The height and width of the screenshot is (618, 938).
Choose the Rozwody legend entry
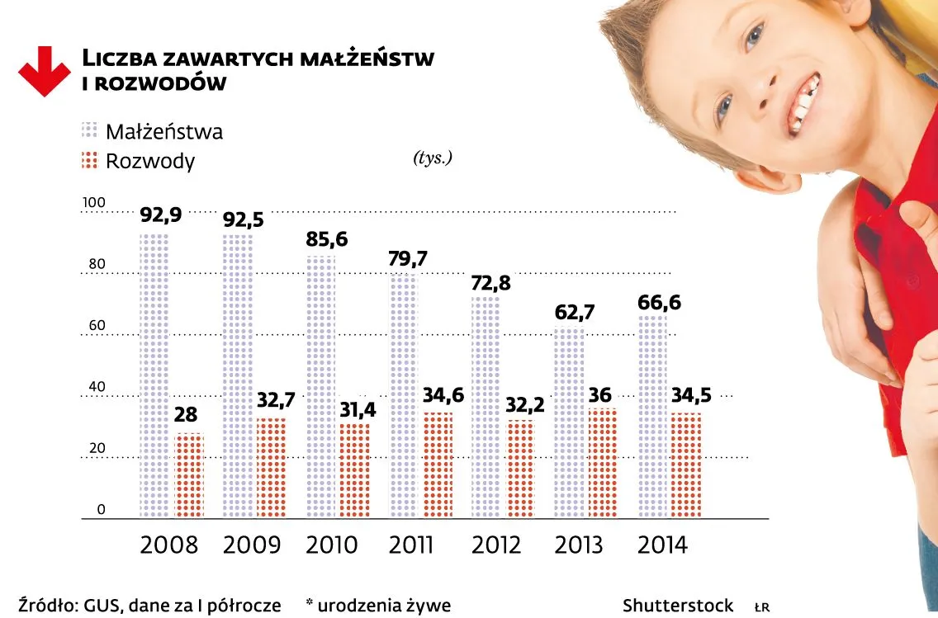149,161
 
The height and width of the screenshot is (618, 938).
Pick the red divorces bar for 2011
438,465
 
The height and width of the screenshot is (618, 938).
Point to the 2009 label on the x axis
252,545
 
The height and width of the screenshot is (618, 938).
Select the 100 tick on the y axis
95,203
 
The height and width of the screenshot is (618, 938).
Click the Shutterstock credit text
678,606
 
